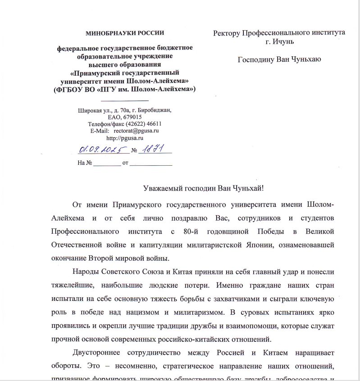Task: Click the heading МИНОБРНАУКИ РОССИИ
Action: tap(125, 32)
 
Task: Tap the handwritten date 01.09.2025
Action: tap(98, 149)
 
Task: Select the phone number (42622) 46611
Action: tap(143, 124)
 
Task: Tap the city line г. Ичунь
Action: tap(279, 41)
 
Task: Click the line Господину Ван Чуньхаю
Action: tap(279, 59)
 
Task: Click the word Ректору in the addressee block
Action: tap(227, 32)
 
